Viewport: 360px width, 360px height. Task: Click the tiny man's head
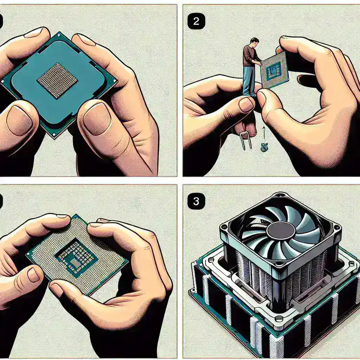tap(255, 41)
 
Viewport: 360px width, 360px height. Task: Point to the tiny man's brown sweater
tap(250, 56)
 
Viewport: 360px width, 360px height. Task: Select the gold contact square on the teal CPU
tap(57, 80)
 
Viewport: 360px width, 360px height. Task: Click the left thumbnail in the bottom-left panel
tap(33, 275)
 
